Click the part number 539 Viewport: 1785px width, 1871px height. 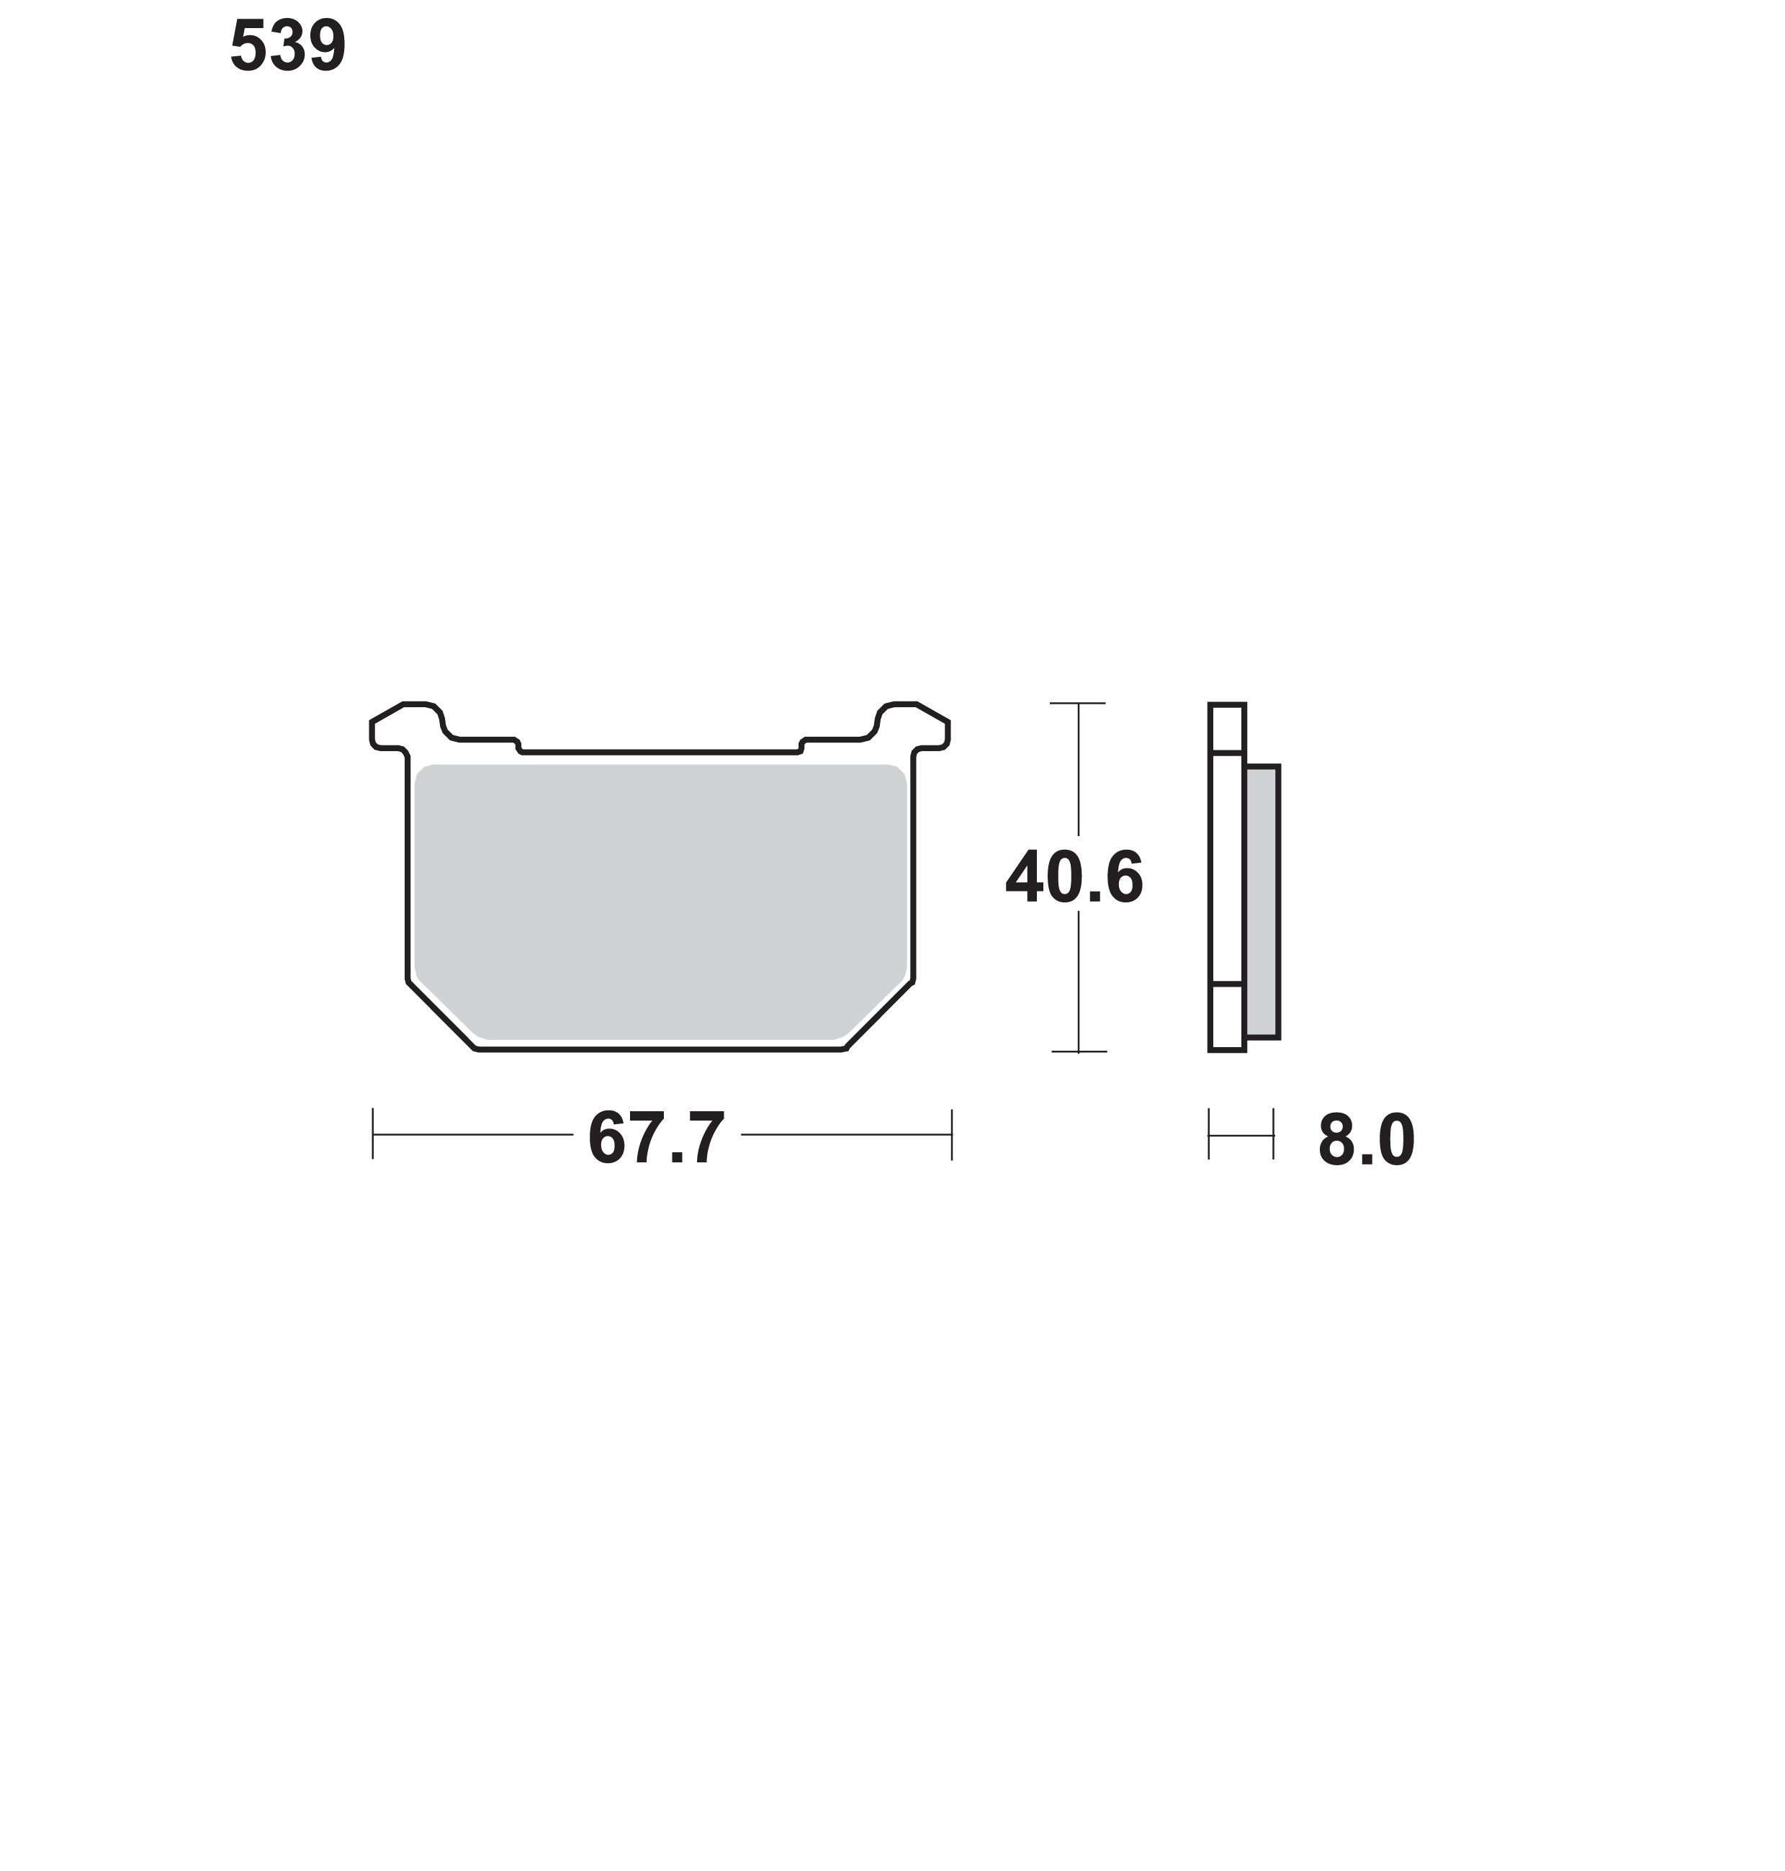coord(287,45)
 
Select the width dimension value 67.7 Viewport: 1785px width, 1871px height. coord(657,1138)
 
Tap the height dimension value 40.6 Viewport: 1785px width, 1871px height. coord(1074,877)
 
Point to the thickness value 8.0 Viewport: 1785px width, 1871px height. coord(1367,1140)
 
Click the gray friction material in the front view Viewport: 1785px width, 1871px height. coord(660,901)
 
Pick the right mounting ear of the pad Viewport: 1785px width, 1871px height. coord(914,727)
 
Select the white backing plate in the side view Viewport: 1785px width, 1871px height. coord(1226,877)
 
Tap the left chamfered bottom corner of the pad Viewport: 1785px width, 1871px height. coord(441,1016)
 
